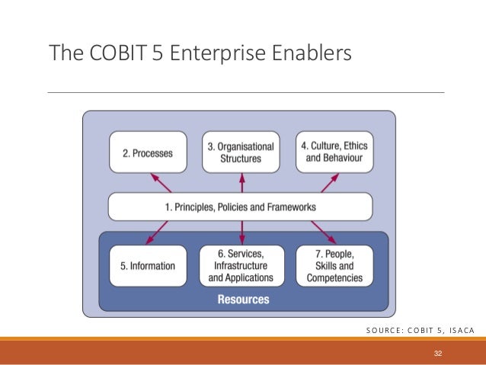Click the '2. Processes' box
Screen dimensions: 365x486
(148, 152)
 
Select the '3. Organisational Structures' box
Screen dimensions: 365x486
(241, 152)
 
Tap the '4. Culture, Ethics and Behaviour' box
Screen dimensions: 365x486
(334, 152)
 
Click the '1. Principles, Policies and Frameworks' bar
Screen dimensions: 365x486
(240, 207)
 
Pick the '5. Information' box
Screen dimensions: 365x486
(148, 266)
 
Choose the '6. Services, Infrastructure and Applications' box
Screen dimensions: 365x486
(241, 266)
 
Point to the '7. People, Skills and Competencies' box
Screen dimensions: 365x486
(334, 266)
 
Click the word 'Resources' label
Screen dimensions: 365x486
(243, 299)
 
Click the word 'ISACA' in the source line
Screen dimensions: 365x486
(457, 330)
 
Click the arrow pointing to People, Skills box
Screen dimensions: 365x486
(322, 231)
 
